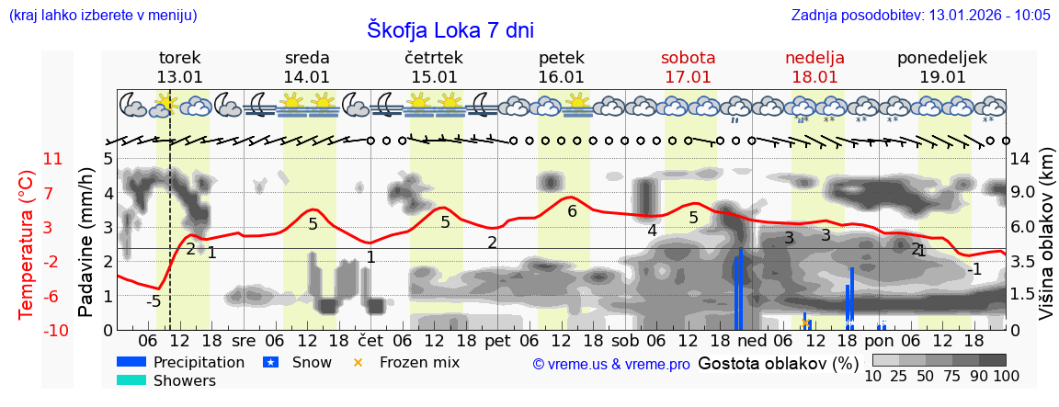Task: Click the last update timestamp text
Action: tap(920, 15)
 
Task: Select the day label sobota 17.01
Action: tap(688, 67)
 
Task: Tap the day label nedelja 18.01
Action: tap(814, 67)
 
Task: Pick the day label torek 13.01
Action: tap(180, 67)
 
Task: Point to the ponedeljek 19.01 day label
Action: tap(942, 67)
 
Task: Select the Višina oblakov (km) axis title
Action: tap(1046, 243)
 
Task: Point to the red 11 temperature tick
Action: tap(53, 159)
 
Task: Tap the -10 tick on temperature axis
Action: tap(53, 330)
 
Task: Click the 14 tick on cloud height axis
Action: tap(1019, 159)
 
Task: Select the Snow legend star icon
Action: tap(270, 362)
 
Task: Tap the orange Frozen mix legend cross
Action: tap(359, 362)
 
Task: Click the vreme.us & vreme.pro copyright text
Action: tap(611, 364)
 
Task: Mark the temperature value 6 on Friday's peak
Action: tap(572, 211)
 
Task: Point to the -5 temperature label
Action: tap(154, 301)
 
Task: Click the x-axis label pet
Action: tap(497, 339)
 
